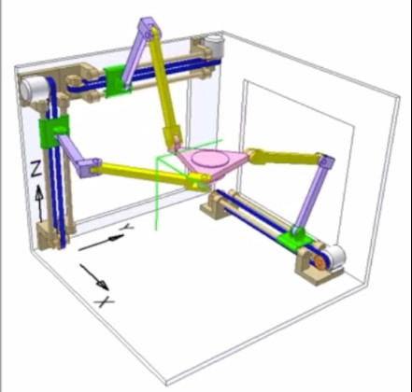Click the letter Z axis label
36,170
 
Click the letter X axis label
105,301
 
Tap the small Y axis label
128,227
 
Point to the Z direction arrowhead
38,193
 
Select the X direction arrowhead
103,284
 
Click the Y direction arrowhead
116,238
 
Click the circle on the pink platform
208,158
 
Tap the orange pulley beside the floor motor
319,262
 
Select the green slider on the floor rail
294,239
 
